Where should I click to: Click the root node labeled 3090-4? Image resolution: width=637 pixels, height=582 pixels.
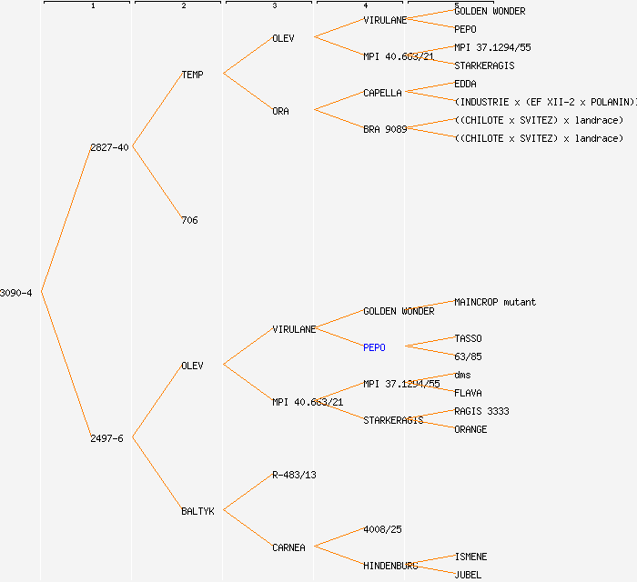click(16, 293)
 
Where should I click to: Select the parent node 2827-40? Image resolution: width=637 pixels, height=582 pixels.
click(109, 147)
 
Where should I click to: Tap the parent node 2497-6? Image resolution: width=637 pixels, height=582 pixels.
click(106, 438)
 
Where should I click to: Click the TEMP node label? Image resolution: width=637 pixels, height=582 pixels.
click(192, 75)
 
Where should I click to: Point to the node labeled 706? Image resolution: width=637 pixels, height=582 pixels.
click(189, 220)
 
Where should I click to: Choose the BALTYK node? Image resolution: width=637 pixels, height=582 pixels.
click(197, 511)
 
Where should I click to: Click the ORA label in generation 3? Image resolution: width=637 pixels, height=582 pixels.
click(280, 111)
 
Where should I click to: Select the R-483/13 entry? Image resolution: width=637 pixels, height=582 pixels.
click(294, 475)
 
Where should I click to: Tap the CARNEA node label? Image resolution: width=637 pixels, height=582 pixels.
click(288, 547)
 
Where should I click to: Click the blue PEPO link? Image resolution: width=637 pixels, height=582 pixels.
click(374, 347)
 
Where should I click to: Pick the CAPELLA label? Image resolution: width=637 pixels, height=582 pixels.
click(382, 93)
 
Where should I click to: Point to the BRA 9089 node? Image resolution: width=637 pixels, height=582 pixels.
click(385, 129)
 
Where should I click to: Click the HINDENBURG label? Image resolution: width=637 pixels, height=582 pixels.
click(390, 566)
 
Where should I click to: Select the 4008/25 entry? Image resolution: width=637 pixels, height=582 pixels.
click(382, 529)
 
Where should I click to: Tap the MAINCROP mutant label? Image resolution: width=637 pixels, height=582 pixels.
click(495, 302)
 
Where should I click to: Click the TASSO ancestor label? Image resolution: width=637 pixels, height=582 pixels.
click(468, 338)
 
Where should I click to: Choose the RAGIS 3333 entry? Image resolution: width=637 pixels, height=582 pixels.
click(481, 411)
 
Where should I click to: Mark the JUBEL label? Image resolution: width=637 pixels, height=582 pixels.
click(468, 575)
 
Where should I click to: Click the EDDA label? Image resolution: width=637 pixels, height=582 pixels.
click(465, 84)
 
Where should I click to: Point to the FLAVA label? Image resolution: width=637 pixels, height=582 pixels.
click(468, 393)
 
